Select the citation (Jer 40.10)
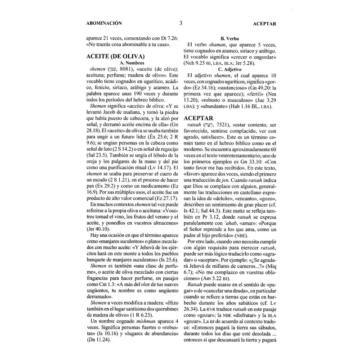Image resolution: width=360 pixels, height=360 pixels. click(x=99, y=229)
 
